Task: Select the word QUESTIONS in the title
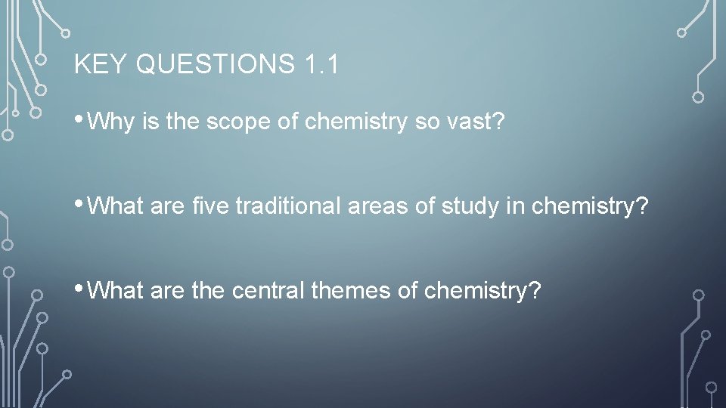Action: tap(215, 65)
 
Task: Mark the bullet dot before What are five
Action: tap(79, 205)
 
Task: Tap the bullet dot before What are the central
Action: tap(79, 289)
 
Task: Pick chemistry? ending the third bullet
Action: tap(483, 291)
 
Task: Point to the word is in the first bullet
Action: tap(150, 122)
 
